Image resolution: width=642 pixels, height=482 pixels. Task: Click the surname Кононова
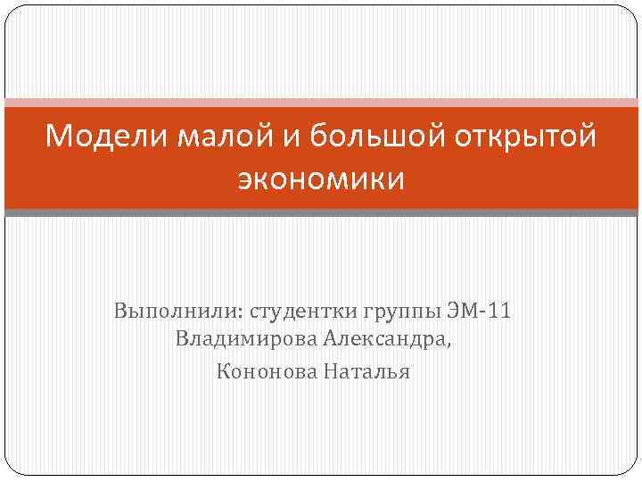pyautogui.click(x=262, y=370)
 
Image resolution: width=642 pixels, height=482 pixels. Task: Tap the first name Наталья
pyautogui.click(x=366, y=370)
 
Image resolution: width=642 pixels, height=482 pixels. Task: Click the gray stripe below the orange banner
pyautogui.click(x=321, y=212)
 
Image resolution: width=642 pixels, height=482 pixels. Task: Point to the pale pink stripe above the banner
pyautogui.click(x=321, y=102)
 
